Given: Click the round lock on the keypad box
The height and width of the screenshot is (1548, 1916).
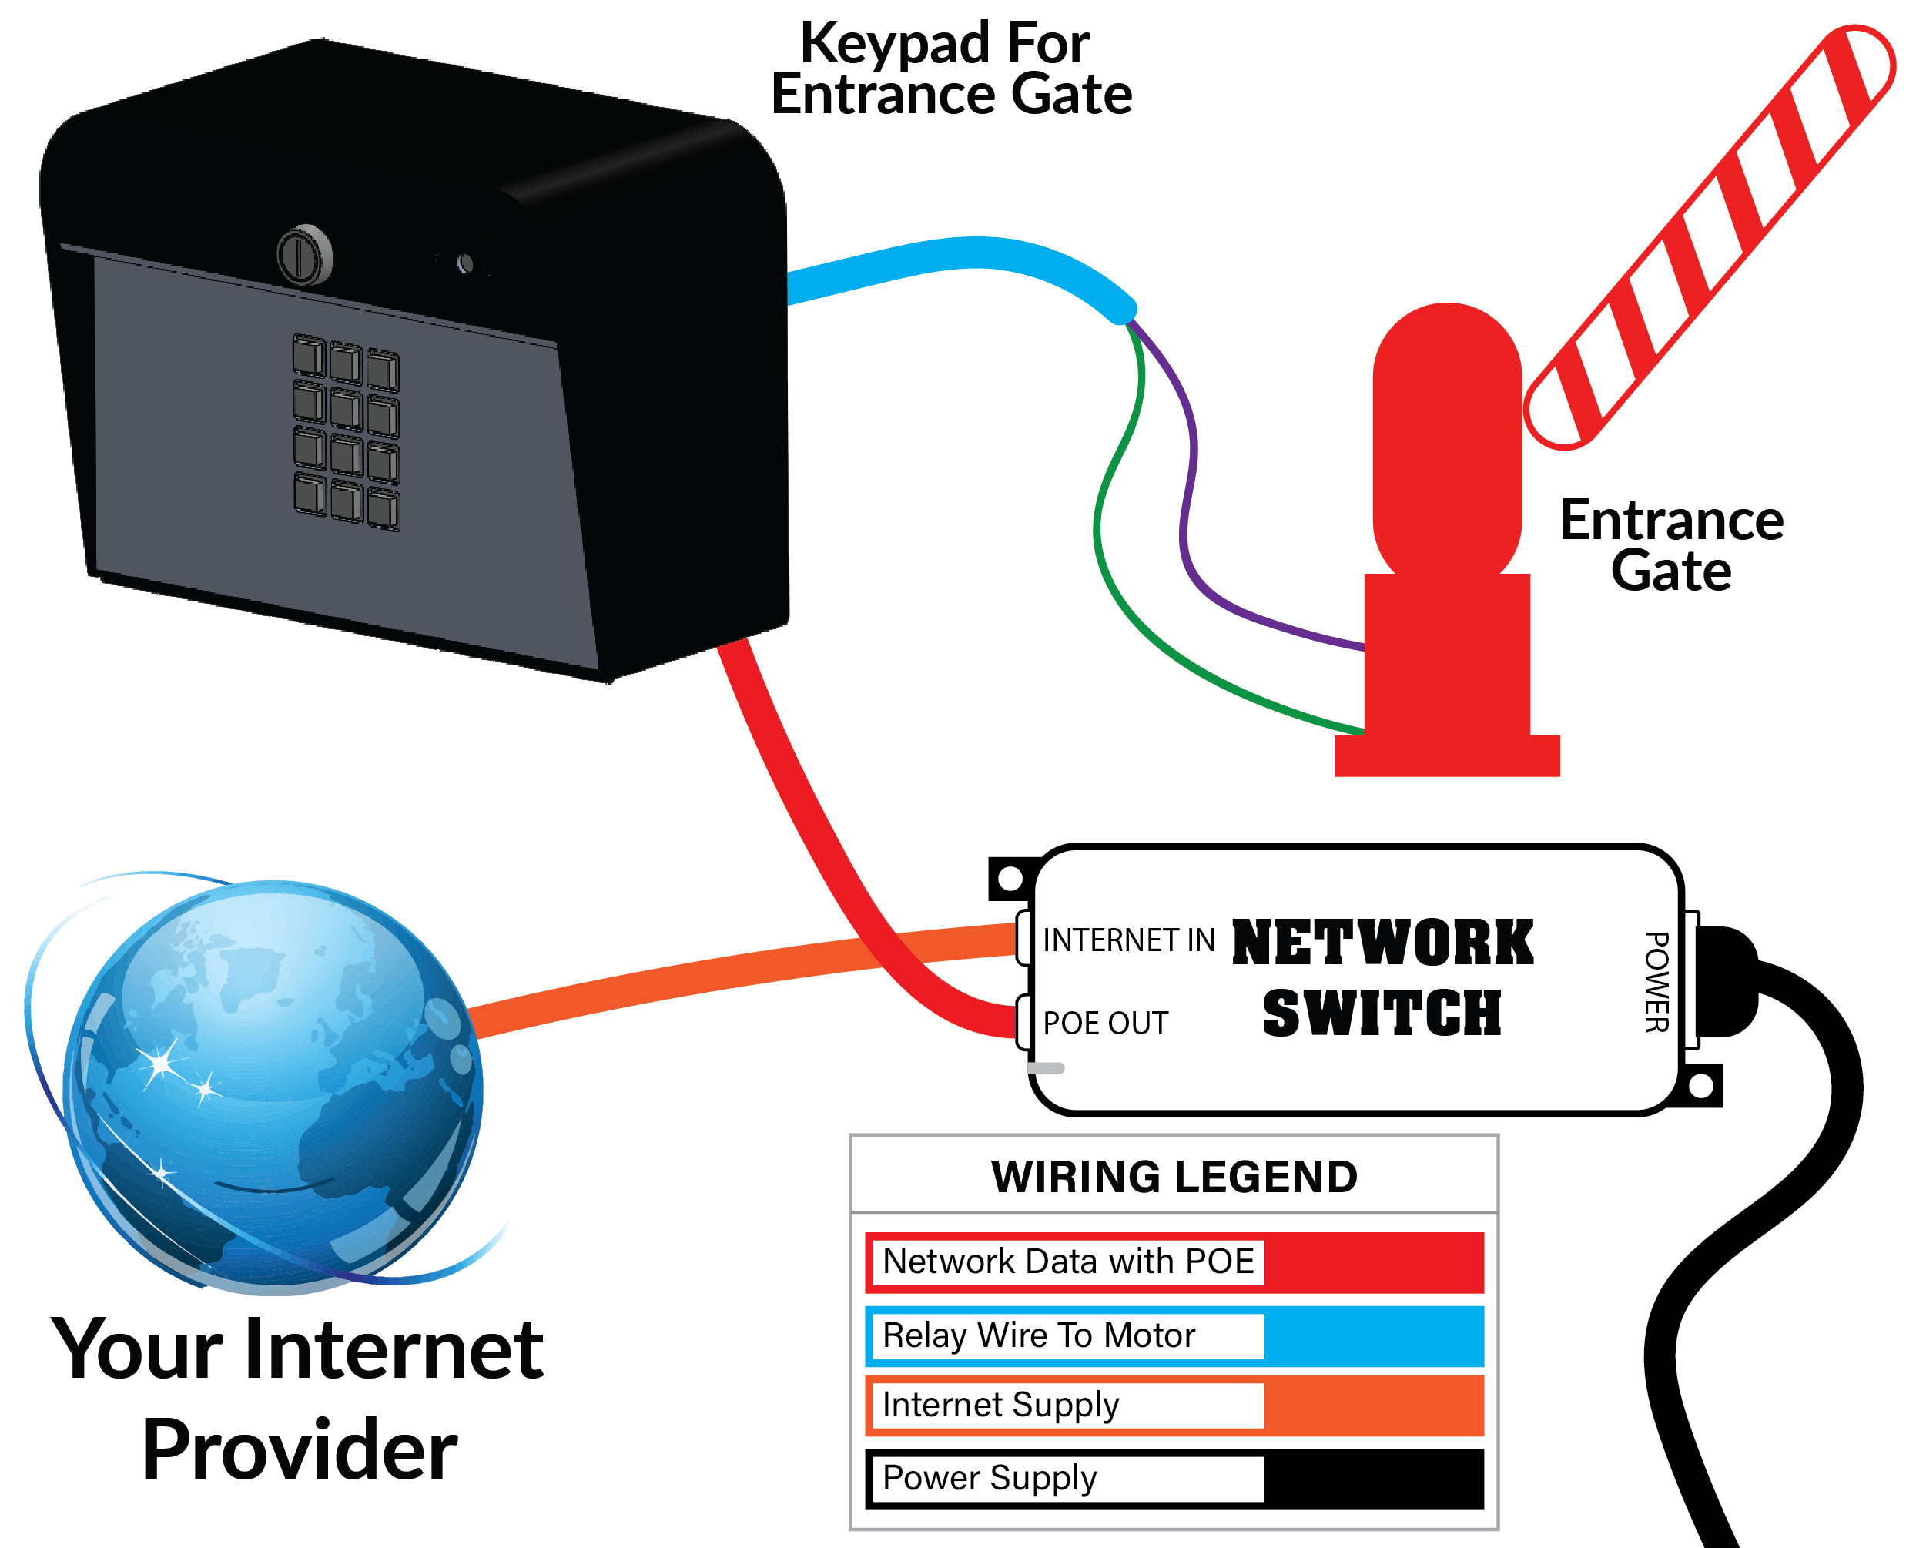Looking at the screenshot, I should coord(305,256).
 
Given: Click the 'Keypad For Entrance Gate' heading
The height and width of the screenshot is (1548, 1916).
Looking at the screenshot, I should coord(950,68).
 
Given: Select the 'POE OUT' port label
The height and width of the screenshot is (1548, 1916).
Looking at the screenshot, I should coord(1106,1023).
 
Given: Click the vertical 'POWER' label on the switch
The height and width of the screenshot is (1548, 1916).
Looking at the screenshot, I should coord(1656,982).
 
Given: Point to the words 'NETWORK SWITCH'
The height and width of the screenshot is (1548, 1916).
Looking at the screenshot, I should coord(1382,978).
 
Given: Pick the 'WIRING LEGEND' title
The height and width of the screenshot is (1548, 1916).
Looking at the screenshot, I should coord(1174,1177).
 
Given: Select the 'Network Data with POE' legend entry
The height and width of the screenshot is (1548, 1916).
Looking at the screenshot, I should coord(1068,1262).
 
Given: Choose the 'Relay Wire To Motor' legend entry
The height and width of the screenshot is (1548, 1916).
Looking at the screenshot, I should coord(1039,1335).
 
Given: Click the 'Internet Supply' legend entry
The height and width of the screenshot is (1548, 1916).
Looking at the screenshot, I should coord(1000,1405).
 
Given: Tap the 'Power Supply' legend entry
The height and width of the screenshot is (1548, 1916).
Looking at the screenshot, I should coord(990,1478).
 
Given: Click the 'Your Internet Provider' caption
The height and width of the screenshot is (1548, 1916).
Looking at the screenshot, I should coord(298,1399).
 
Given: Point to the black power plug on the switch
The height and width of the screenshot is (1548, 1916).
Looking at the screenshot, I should coord(1725,982).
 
